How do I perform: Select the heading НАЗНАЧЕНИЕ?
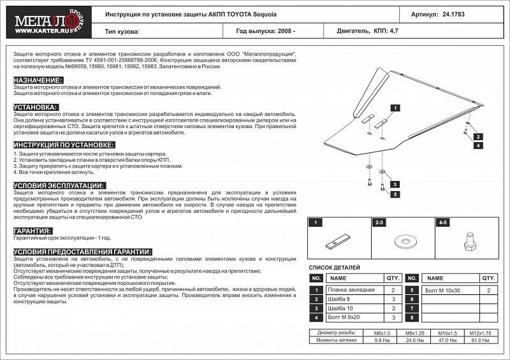(38, 80)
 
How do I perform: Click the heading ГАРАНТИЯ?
(33, 231)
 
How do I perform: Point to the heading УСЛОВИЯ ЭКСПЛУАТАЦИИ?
(59, 185)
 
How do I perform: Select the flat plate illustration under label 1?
(338, 242)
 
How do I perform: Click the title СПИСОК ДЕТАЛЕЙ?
(334, 268)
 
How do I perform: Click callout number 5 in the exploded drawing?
(395, 194)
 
